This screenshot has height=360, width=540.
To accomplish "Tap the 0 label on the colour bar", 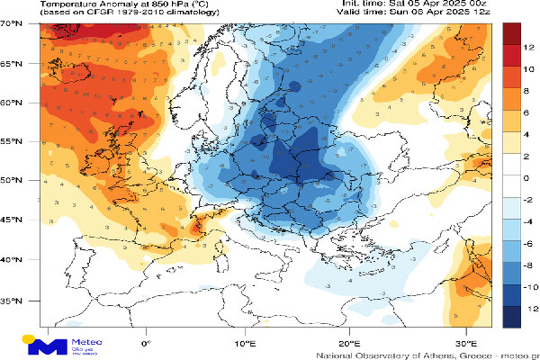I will pyautogui.click(x=529, y=178).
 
